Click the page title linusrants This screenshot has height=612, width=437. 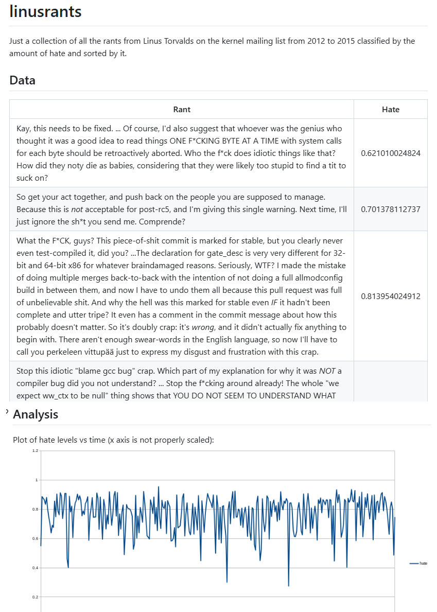click(x=45, y=11)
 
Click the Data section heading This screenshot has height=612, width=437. click(x=22, y=80)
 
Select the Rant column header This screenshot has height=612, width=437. click(x=182, y=109)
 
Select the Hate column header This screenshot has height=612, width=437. click(x=390, y=109)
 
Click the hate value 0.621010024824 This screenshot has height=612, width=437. click(x=390, y=153)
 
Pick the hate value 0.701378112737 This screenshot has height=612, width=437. click(x=390, y=209)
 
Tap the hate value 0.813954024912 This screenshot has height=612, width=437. click(x=390, y=296)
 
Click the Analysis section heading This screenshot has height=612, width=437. click(x=36, y=414)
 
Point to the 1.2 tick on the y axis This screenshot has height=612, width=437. click(x=35, y=451)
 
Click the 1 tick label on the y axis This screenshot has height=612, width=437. click(x=37, y=480)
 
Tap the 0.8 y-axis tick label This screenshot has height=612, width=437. click(x=35, y=509)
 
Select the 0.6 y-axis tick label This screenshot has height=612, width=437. click(x=35, y=538)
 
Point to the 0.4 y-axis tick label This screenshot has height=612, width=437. click(x=35, y=568)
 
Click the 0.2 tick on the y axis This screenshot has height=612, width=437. click(x=35, y=597)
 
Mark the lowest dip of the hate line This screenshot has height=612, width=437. click(x=288, y=586)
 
